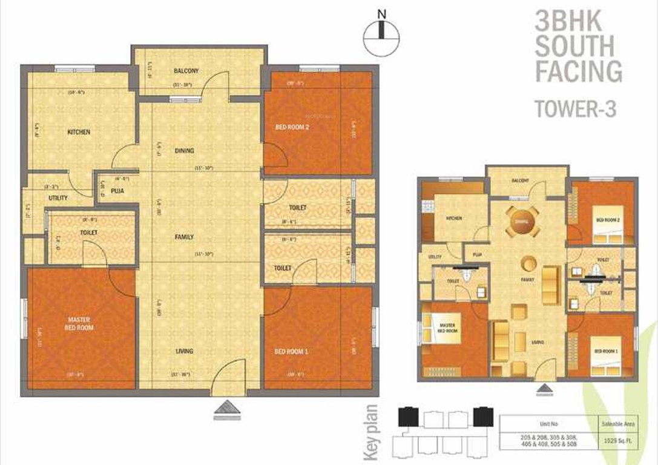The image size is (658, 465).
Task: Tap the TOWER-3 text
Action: click(576, 109)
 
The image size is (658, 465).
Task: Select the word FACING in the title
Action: click(578, 71)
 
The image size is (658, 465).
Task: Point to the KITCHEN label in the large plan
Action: click(79, 132)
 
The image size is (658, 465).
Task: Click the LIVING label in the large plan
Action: click(185, 351)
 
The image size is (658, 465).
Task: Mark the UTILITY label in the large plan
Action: click(58, 198)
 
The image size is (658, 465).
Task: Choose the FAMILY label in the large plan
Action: click(185, 237)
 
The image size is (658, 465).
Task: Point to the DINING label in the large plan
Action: click(184, 151)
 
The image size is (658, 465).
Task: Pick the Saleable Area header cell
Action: click(617, 423)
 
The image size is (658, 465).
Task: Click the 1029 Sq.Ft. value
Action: click(617, 440)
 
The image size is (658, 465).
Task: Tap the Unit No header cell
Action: click(547, 423)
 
